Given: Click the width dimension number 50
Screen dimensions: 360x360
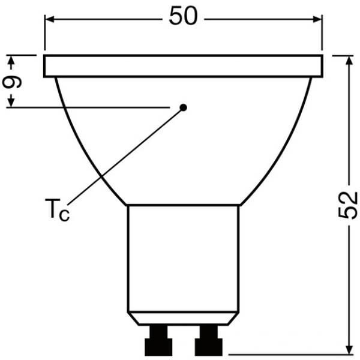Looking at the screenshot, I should pos(182,17).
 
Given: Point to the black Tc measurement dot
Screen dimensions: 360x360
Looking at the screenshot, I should pos(184,107).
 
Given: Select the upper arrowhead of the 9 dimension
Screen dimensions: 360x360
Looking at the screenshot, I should pos(10,60).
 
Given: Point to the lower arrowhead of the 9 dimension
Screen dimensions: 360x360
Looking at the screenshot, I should pos(10,103).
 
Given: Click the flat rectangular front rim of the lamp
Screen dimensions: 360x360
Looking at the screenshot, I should pos(183,66).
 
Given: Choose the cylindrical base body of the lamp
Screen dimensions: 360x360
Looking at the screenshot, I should pos(183,258).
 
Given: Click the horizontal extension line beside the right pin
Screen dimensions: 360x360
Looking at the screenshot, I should pos(282,354).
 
